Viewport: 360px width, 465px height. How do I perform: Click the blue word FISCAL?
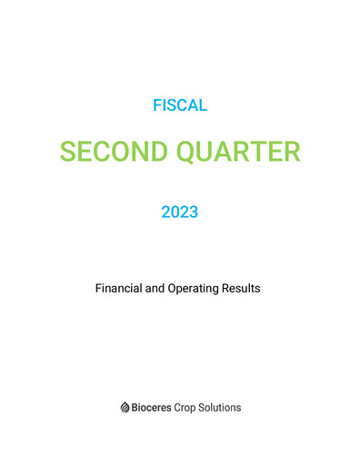click(180, 105)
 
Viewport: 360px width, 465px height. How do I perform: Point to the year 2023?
click(180, 213)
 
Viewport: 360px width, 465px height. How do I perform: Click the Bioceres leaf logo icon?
click(125, 408)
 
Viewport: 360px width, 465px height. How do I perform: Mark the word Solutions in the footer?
click(224, 408)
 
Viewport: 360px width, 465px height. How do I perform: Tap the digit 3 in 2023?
click(194, 213)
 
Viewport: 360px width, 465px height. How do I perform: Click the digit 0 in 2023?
click(175, 213)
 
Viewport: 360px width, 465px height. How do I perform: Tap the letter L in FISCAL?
click(204, 105)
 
